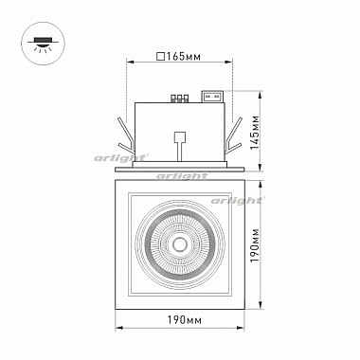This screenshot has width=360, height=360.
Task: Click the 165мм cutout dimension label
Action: click(x=184, y=57)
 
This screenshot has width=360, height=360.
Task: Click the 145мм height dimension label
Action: click(x=255, y=133)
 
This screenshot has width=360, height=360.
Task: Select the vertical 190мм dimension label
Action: click(x=255, y=244)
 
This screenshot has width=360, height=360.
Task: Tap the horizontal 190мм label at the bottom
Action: click(x=184, y=320)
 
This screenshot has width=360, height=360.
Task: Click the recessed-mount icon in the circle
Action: click(x=43, y=44)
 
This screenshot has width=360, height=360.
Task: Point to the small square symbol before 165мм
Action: click(x=161, y=57)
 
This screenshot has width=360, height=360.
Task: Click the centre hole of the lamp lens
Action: click(x=180, y=244)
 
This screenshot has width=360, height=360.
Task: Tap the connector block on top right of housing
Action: click(x=213, y=97)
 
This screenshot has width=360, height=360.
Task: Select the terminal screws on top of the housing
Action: click(x=179, y=99)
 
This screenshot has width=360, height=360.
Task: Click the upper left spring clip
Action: click(x=126, y=131)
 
